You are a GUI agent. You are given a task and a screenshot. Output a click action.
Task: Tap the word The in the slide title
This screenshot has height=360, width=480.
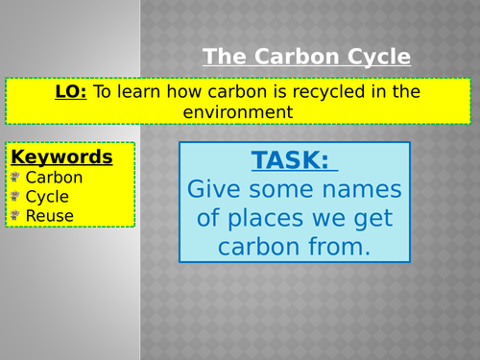223,57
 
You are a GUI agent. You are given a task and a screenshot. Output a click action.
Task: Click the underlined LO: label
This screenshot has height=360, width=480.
71,91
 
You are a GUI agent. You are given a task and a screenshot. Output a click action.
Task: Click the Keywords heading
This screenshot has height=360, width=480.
61,156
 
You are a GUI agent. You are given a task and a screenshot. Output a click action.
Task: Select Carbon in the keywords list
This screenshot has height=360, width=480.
54,178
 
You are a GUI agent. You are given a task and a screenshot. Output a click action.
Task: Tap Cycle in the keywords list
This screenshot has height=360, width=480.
47,197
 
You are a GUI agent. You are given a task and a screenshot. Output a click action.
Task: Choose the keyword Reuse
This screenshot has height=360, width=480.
50,216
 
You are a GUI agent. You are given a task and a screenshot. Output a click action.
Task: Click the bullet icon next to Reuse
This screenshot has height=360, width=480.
14,216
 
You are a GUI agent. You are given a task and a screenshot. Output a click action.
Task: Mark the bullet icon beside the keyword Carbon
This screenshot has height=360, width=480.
14,178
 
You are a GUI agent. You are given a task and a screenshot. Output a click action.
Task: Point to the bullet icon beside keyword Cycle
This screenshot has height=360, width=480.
14,197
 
